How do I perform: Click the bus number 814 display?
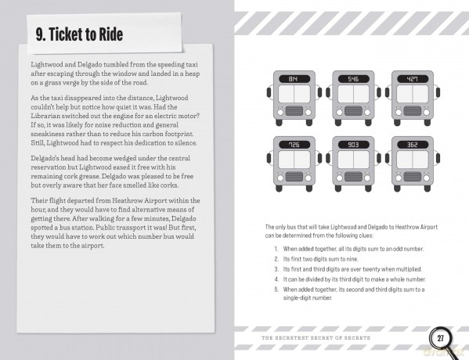tap(294, 79)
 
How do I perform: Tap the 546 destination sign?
tap(354, 79)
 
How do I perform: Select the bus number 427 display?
tap(413, 79)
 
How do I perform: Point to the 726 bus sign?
tap(294, 145)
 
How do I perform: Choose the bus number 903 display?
tap(354, 145)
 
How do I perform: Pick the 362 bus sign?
tap(413, 145)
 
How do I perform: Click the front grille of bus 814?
tap(294, 111)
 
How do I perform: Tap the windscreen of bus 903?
tap(354, 160)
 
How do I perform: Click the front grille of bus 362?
tap(413, 177)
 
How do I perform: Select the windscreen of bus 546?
tap(354, 94)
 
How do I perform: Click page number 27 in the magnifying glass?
tap(441, 338)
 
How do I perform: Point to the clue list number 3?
tap(276, 269)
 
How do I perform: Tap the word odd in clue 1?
tap(398, 249)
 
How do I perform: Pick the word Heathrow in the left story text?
tap(125, 200)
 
